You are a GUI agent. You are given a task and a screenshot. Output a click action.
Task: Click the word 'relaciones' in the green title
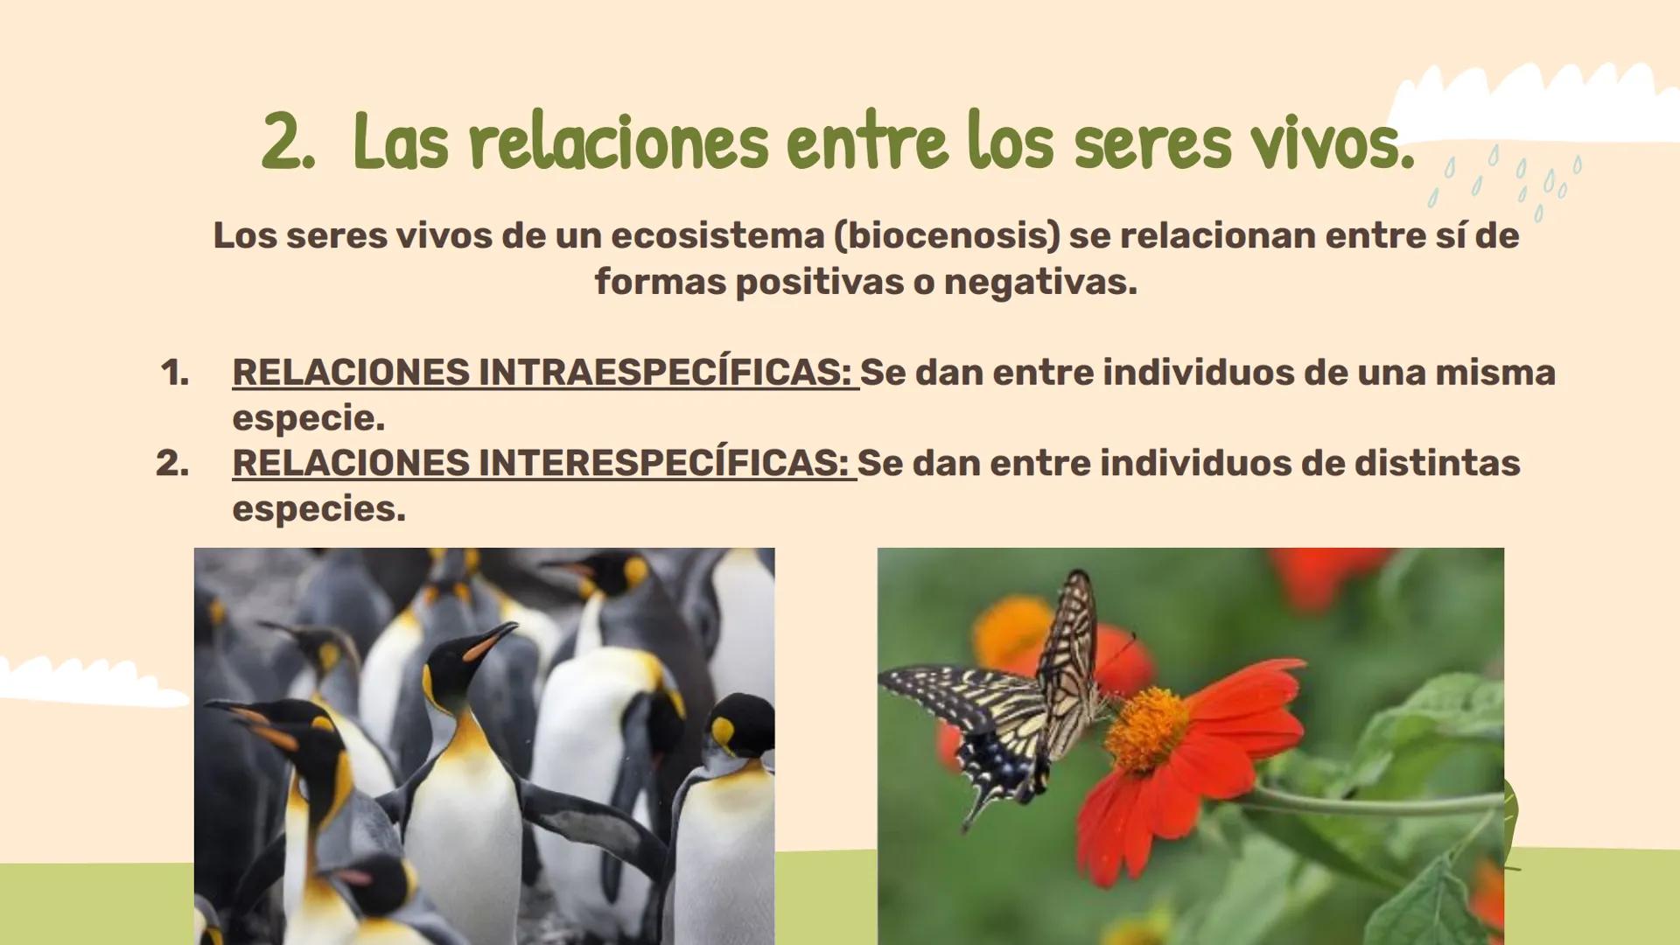click(618, 143)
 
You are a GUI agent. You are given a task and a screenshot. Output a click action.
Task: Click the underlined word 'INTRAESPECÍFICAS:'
click(665, 373)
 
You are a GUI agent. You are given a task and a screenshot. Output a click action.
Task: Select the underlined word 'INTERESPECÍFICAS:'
click(663, 463)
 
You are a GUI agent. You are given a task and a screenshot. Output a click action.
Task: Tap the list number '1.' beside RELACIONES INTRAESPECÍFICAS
click(175, 374)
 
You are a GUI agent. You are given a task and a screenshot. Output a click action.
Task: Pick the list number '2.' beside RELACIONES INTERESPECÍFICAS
click(172, 464)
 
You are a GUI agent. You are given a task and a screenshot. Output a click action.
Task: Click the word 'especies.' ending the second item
click(318, 508)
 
